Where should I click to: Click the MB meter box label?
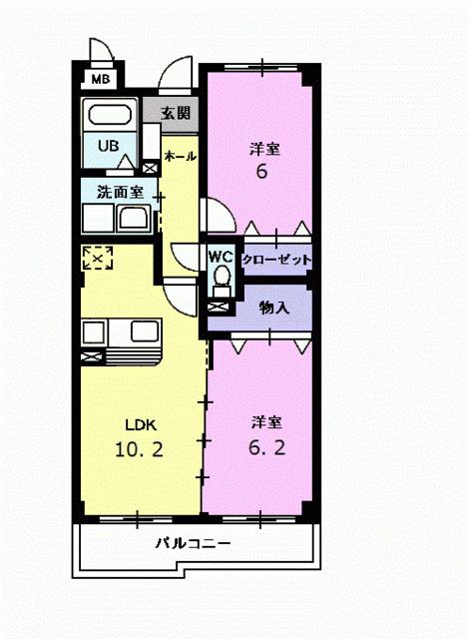101,79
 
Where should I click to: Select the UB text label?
107,145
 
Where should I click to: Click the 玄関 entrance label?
177,113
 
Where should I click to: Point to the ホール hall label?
180,157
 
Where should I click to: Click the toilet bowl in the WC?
222,274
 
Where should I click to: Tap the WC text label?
221,256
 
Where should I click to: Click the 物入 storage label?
273,308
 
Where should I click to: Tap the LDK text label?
141,423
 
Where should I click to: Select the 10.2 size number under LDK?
139,448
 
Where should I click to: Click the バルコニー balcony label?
194,544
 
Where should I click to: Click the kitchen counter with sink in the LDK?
120,336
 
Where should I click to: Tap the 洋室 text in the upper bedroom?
264,149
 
